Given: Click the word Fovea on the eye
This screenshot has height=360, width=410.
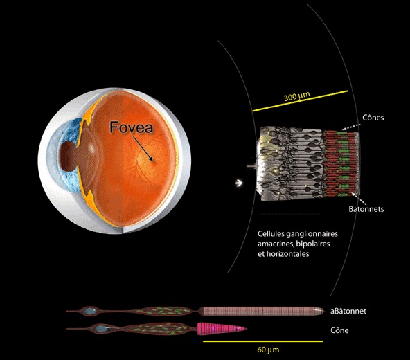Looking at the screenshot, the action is click(132, 127).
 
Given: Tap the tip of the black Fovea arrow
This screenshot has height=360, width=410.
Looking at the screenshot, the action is click(152, 161).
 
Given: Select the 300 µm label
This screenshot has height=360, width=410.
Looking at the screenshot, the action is click(297, 96).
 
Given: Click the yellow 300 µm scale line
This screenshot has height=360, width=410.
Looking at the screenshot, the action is click(301, 101).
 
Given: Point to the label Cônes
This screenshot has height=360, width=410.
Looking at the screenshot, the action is click(373, 118).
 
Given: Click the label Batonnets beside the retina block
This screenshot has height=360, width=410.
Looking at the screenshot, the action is click(366, 209).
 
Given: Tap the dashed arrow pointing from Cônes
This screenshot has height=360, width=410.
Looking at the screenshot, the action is click(351, 127).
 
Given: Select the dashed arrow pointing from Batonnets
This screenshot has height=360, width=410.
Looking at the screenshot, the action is click(359, 199).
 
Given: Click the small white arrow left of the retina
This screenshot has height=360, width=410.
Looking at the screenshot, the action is click(239, 183).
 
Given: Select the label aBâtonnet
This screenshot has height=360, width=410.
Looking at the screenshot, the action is click(348, 311).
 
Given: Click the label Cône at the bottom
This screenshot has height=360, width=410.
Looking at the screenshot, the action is click(339, 330).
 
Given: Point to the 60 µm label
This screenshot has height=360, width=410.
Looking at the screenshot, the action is click(268, 350).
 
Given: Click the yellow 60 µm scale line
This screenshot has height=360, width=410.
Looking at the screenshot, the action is click(262, 341).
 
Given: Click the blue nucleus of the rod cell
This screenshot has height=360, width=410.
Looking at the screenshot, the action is click(91, 311).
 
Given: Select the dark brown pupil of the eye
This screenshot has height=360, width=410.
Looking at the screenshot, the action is click(69, 156).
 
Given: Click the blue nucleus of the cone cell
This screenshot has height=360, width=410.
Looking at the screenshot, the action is click(100, 329).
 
